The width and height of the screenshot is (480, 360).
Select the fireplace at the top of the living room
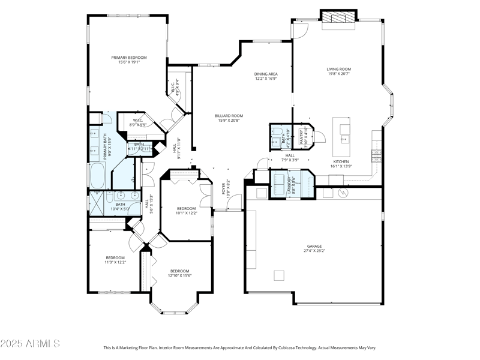tap(339, 19)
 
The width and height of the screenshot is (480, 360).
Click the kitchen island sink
tap(344, 130)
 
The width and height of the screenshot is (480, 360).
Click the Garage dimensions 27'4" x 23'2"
tap(314, 251)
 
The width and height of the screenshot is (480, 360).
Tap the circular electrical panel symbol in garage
tap(344, 193)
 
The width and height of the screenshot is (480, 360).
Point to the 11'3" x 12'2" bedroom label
tap(115, 260)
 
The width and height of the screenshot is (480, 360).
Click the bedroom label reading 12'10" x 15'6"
tap(179, 274)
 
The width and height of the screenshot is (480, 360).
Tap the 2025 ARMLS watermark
tap(30, 344)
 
